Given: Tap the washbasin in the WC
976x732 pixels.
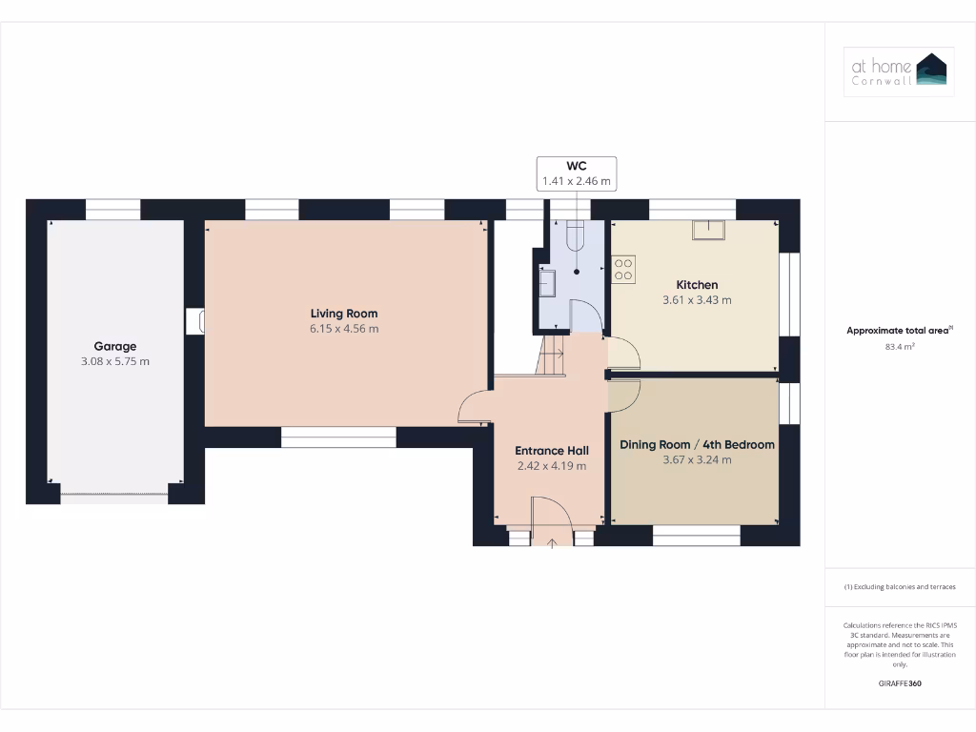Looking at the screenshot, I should click(x=549, y=283).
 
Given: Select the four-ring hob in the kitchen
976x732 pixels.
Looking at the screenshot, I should click(x=623, y=269).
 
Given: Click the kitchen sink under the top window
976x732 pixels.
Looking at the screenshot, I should click(x=708, y=228).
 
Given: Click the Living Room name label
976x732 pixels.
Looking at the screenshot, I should click(x=343, y=314).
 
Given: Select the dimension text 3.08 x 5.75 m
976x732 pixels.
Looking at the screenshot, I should click(x=114, y=361).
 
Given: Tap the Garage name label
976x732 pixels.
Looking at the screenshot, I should click(x=114, y=346).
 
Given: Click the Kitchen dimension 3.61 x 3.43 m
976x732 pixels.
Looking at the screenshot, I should click(x=697, y=300).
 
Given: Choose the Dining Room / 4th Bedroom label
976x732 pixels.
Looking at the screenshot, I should click(x=697, y=444).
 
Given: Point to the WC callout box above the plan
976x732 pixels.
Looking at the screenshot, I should click(x=576, y=173).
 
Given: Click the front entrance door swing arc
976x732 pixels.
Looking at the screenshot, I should click(x=552, y=515).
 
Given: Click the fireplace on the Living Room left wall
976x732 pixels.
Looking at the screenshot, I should click(x=195, y=321).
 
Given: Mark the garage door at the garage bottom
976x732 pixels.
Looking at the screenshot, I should click(x=114, y=493).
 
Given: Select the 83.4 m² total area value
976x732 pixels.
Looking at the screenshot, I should click(x=900, y=347).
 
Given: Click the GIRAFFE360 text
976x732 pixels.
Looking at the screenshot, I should click(x=900, y=683).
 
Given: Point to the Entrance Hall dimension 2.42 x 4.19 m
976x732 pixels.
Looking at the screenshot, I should click(x=551, y=466).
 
